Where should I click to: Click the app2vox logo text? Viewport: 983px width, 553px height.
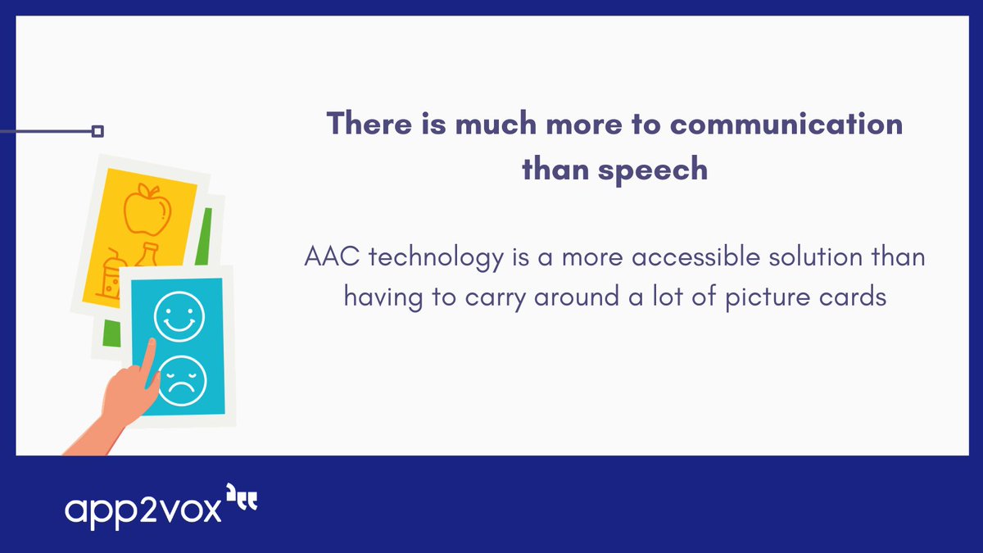point(143,508)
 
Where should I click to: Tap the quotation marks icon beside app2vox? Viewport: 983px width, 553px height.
point(242,499)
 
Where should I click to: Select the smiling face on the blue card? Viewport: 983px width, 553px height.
point(179,315)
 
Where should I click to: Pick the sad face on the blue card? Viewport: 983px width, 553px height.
point(182,378)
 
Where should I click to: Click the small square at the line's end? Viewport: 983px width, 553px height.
point(97,131)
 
